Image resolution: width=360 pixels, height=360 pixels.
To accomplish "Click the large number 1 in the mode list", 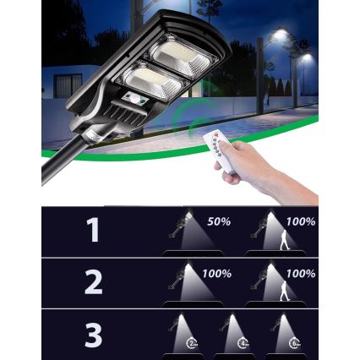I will [x=92, y=231].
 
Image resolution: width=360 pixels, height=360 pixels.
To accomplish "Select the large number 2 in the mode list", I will [x=93, y=283].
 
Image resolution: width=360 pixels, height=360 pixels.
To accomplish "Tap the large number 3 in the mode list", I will [x=93, y=335].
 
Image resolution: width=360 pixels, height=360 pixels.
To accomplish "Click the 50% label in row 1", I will [x=219, y=221].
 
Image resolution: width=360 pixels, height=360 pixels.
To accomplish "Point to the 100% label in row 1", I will [x=300, y=221].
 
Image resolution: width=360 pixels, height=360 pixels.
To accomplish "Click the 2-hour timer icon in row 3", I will [x=193, y=342].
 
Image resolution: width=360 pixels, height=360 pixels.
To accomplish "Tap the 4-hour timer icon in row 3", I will [x=243, y=342].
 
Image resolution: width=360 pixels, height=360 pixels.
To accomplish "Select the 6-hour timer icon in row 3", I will [x=292, y=342].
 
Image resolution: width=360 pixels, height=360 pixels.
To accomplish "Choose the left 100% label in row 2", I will [x=217, y=274].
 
